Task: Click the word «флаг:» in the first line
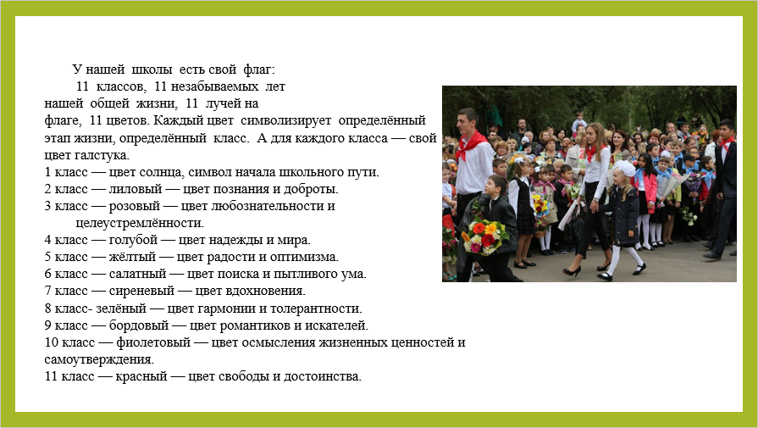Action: [259, 69]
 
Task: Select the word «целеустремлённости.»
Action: [140, 223]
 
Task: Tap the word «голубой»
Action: [133, 240]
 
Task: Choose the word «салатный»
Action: [137, 274]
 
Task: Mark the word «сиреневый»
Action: [141, 291]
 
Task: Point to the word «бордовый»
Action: [139, 325]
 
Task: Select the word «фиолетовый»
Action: [153, 342]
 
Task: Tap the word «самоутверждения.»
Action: [99, 359]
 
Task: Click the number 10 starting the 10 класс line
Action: [52, 342]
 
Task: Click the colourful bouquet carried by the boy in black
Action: [485, 236]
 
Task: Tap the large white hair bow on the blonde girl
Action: [625, 169]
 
